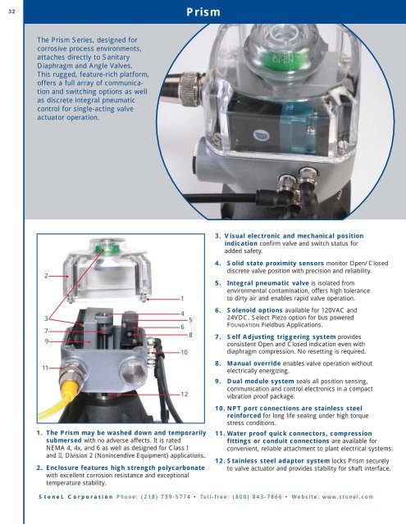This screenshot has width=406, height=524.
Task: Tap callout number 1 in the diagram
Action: pos(180,299)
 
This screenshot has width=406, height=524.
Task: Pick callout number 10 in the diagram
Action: pos(186,351)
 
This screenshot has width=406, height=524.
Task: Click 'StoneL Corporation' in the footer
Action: pos(70,496)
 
